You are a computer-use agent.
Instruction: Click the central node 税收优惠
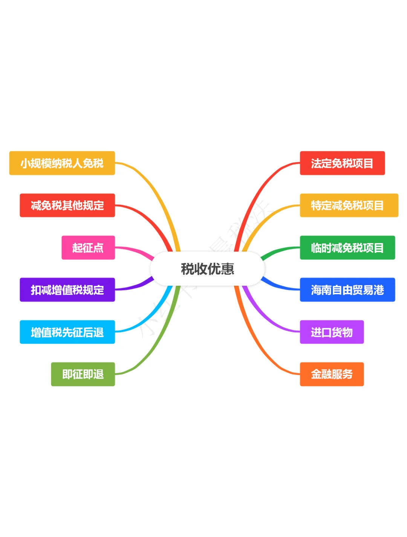point(207,269)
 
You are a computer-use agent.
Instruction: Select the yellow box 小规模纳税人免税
point(62,163)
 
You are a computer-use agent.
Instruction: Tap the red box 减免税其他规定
point(67,205)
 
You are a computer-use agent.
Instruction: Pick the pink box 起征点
point(88,248)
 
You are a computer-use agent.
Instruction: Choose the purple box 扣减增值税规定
point(67,290)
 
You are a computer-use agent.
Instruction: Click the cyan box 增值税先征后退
point(67,332)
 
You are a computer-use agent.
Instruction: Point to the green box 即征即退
point(83,374)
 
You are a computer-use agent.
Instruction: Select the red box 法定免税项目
point(342,163)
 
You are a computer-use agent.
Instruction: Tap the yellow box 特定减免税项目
point(349,205)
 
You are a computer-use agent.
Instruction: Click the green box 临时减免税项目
point(347,248)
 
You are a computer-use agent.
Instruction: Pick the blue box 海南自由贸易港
point(347,290)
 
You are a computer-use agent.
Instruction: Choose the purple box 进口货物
point(332,332)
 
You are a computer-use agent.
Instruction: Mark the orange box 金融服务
point(332,374)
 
